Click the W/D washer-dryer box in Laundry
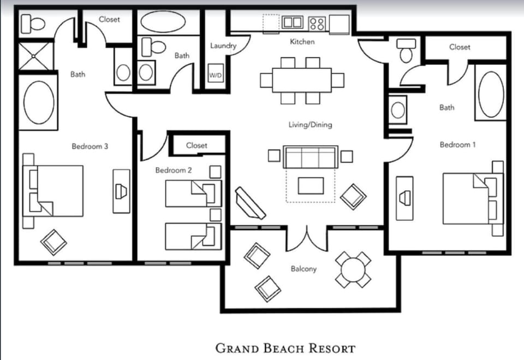(216, 75)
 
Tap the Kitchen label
(302, 42)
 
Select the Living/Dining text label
(310, 125)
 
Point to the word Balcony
(303, 269)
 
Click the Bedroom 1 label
(458, 145)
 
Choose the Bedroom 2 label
(174, 170)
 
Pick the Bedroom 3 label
(90, 146)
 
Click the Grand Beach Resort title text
(285, 348)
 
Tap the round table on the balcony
(353, 269)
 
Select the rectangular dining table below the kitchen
(302, 80)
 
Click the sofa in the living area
(310, 157)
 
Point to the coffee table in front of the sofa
(310, 185)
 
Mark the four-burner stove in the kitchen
(317, 23)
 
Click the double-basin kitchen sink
(293, 22)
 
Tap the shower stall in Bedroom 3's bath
(37, 56)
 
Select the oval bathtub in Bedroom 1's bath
(491, 94)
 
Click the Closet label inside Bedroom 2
(196, 145)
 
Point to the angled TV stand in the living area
(250, 203)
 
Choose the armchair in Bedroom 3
(55, 241)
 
